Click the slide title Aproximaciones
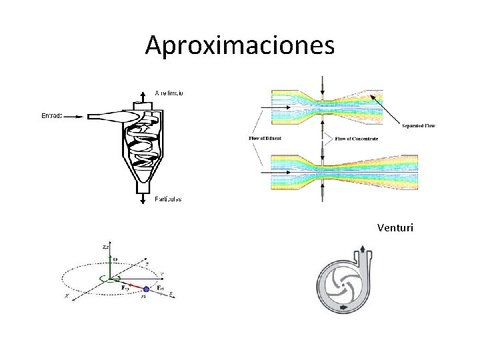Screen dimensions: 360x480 (240, 45)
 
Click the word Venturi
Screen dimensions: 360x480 (395, 228)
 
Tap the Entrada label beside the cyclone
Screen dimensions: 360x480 (52, 116)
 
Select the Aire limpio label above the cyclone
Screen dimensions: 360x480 (171, 92)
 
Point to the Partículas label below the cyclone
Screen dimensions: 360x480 (168, 199)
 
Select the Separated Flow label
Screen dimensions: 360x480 (419, 125)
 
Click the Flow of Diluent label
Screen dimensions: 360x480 (265, 138)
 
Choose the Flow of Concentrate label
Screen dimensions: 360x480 (356, 138)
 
